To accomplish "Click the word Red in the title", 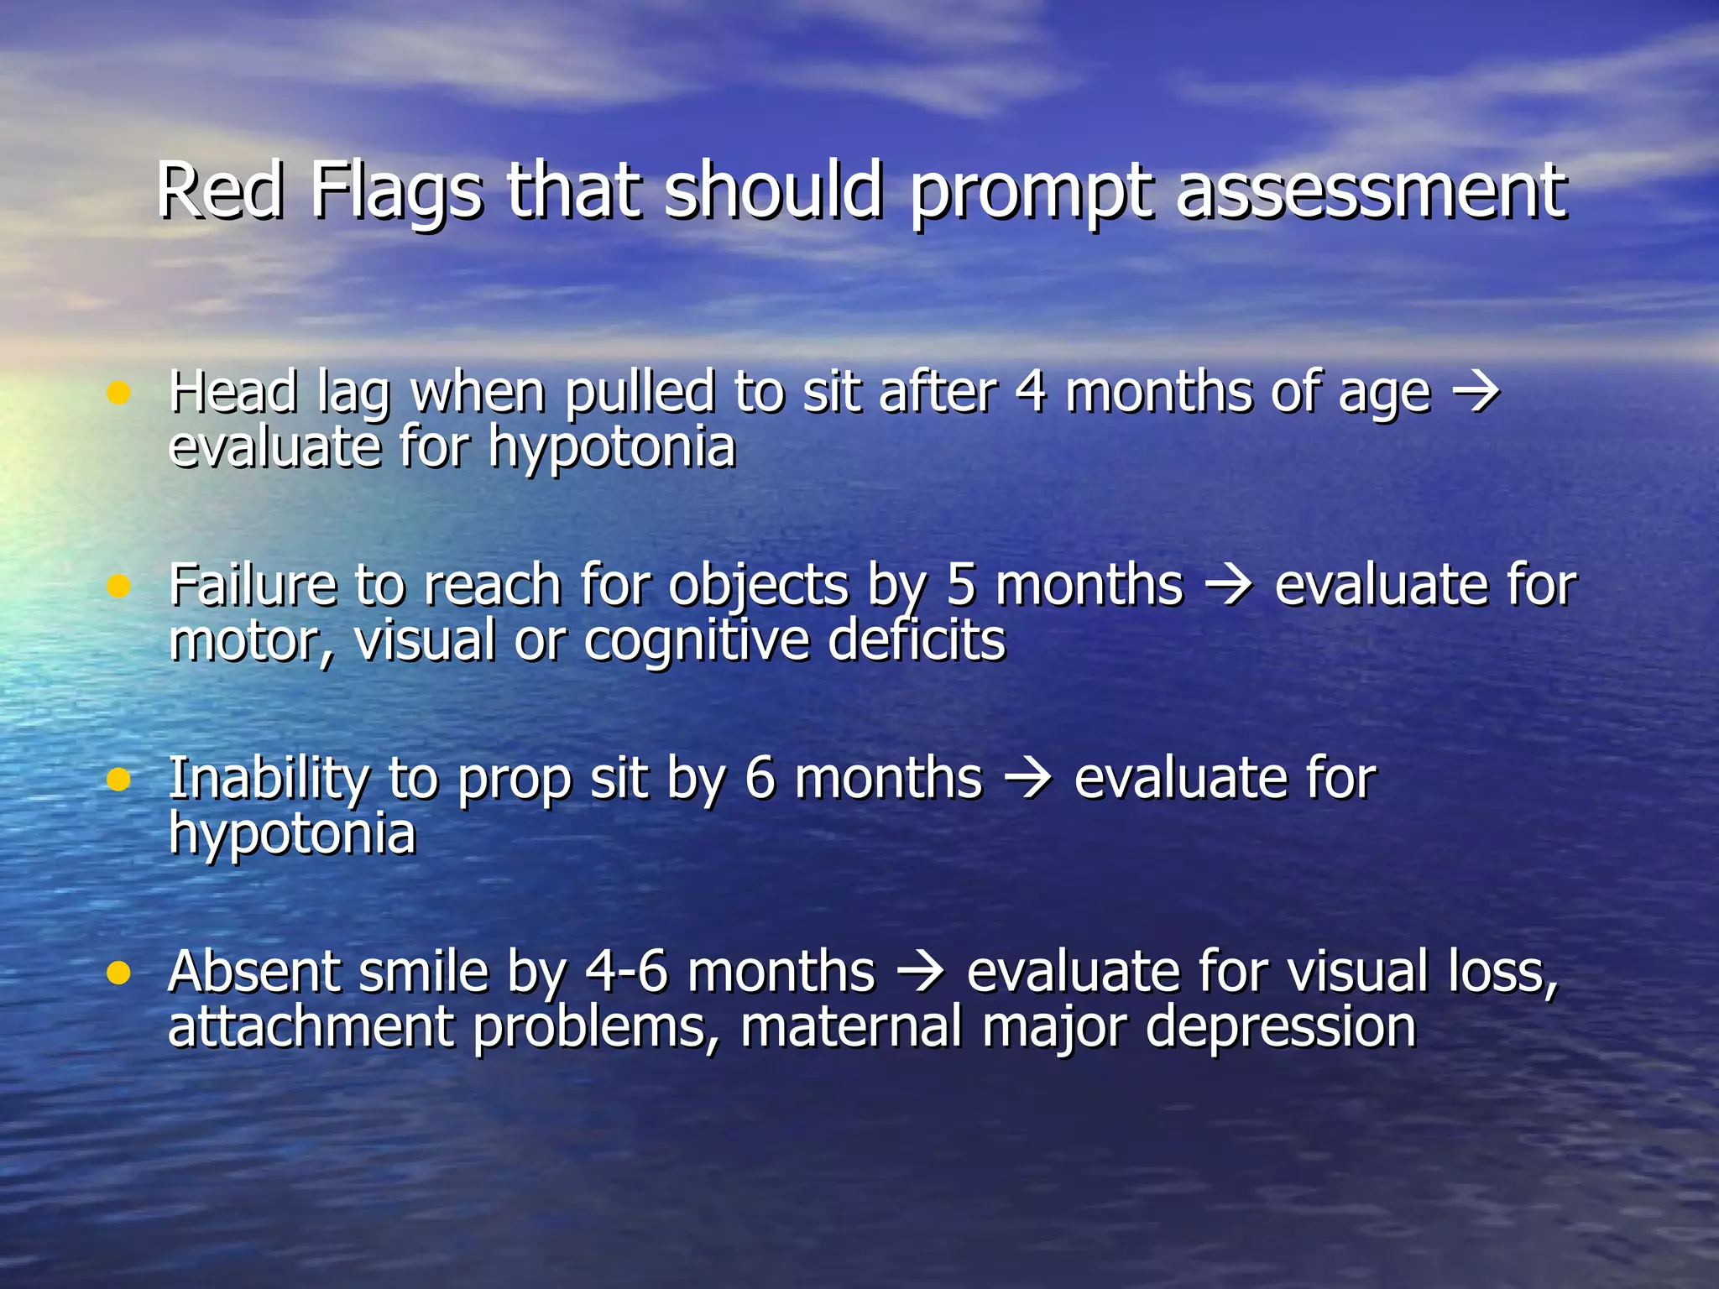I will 220,191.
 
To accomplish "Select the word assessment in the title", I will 1371,191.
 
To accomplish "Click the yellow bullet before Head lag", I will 119,393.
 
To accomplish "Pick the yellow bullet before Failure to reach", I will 119,586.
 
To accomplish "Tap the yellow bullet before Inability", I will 119,780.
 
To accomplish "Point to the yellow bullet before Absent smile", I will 119,973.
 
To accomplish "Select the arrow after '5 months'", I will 1229,586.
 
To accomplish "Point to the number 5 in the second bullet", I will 961,585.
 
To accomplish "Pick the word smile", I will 423,972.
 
